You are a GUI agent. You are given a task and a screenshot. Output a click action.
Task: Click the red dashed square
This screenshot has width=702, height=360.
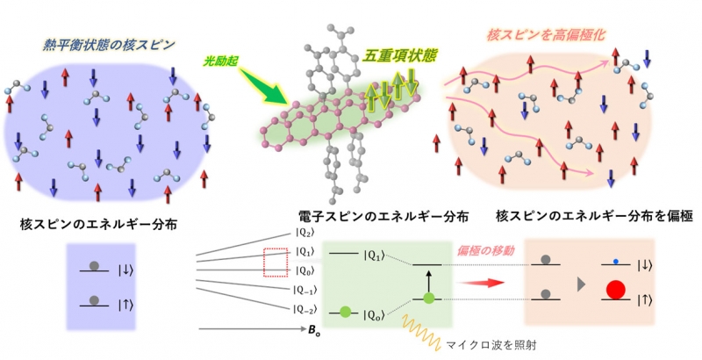(x=276, y=262)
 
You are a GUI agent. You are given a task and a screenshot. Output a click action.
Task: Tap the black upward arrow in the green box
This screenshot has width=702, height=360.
(x=427, y=278)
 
